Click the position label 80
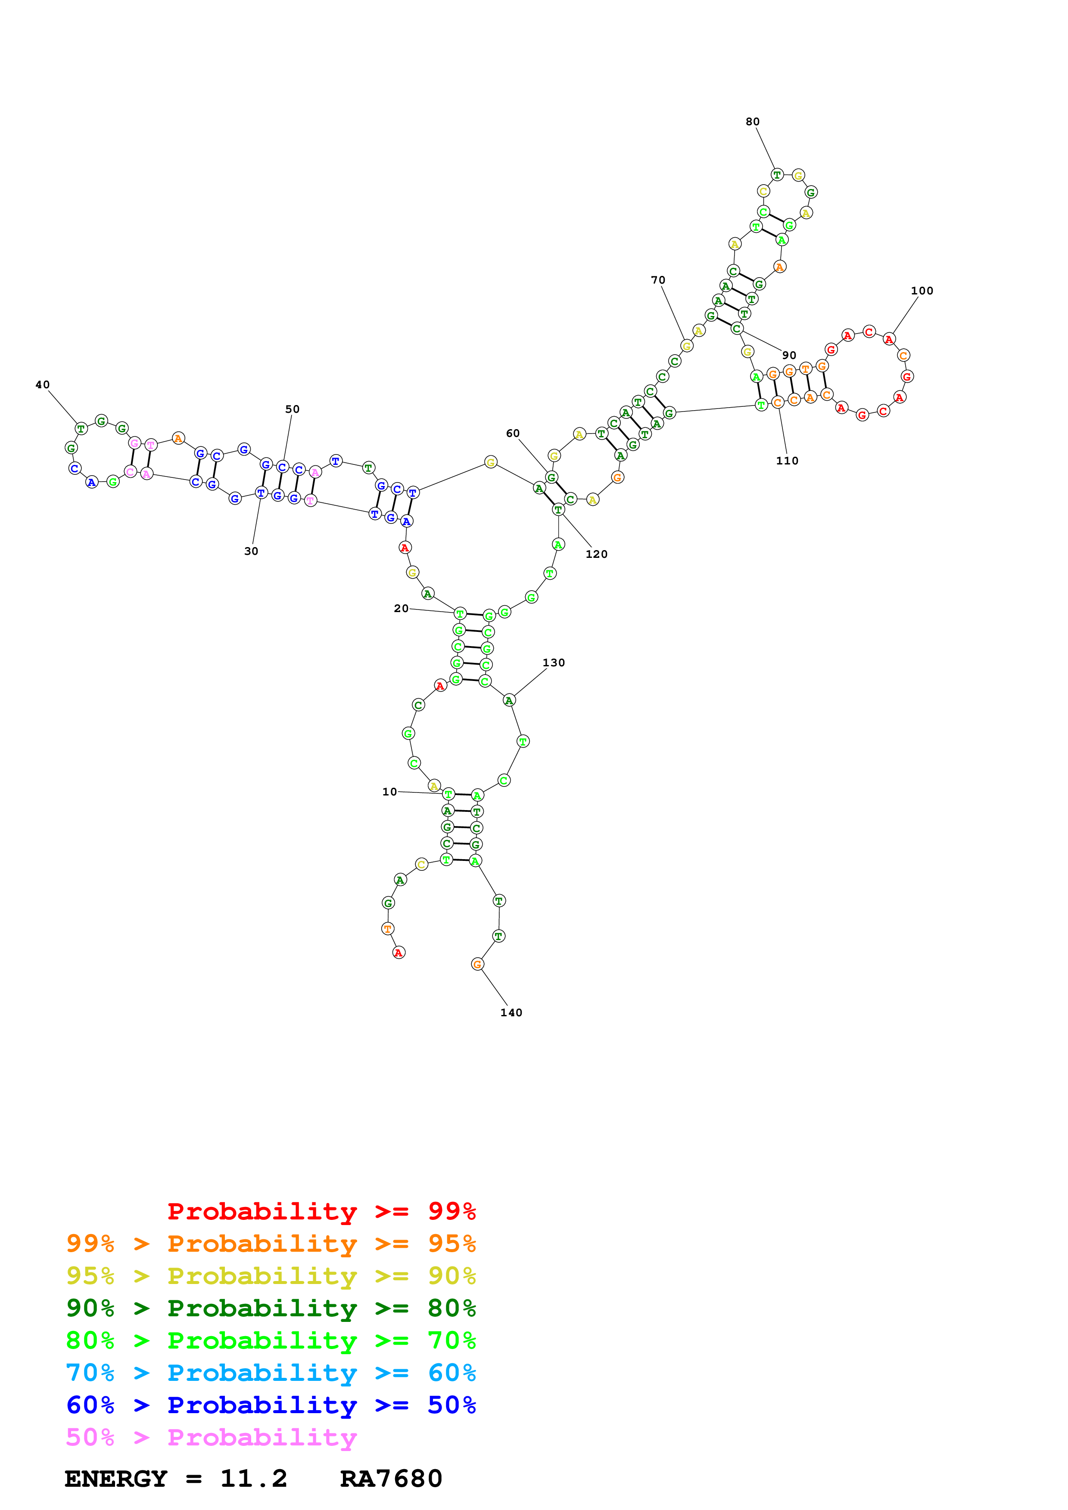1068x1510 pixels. click(x=752, y=122)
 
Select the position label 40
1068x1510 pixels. click(x=42, y=385)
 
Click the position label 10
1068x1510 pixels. click(x=389, y=792)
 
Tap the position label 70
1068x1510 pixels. click(x=657, y=280)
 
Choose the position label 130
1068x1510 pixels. click(x=554, y=662)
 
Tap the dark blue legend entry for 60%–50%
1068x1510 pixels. click(x=271, y=1405)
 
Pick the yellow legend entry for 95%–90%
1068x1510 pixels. click(x=271, y=1276)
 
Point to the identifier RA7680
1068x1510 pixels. click(x=391, y=1479)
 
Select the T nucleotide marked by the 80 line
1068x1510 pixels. click(x=777, y=175)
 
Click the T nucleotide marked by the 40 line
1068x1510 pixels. click(x=81, y=429)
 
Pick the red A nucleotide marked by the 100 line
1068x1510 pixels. click(x=889, y=339)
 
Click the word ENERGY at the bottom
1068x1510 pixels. click(x=116, y=1479)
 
